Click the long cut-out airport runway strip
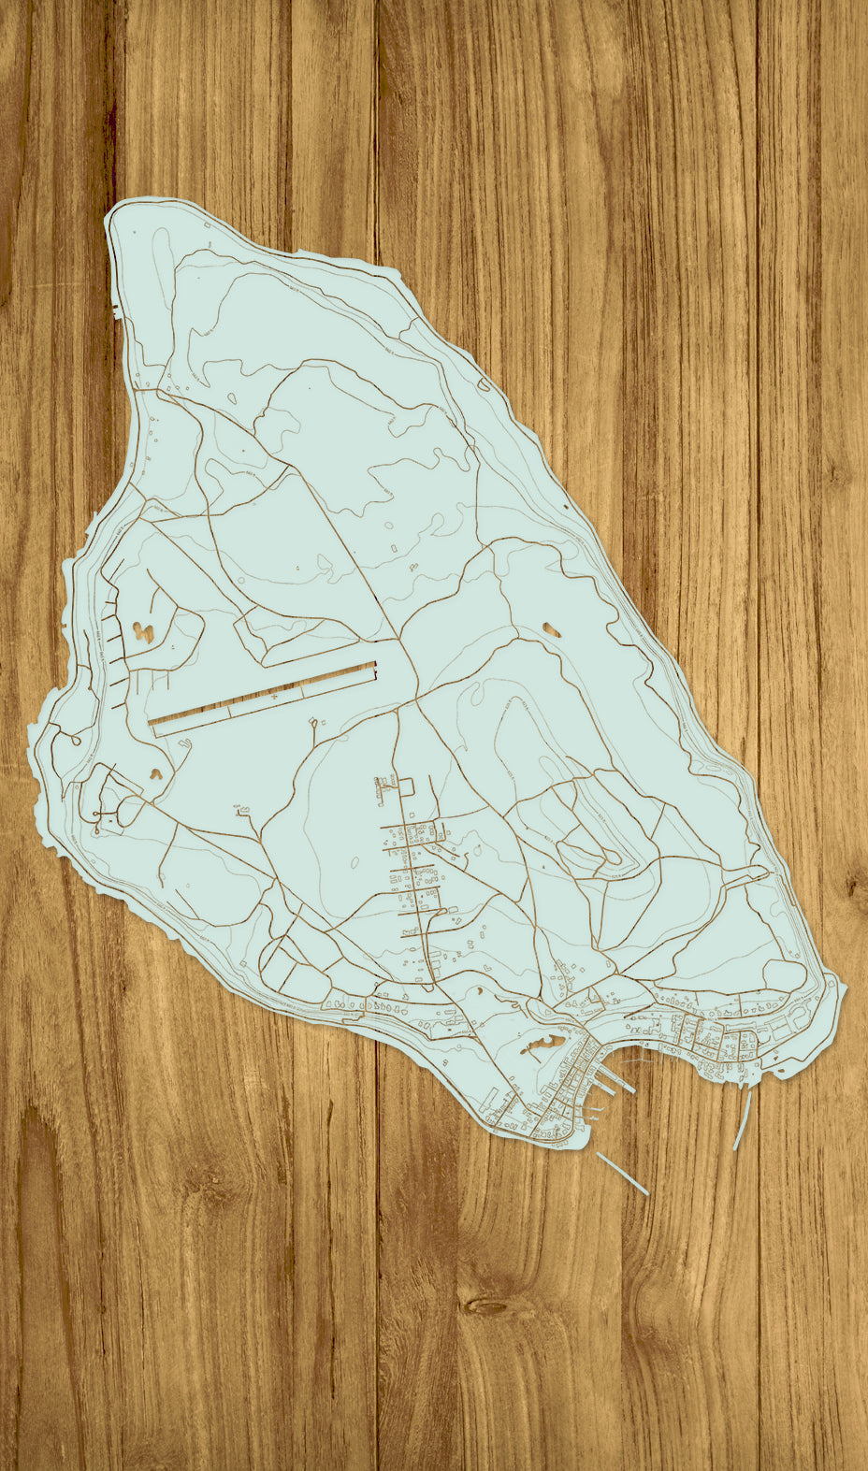click(x=262, y=693)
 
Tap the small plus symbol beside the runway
click(x=274, y=697)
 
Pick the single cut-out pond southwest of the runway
click(x=154, y=773)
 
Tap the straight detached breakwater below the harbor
click(x=622, y=1173)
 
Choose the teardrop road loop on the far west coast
click(x=67, y=742)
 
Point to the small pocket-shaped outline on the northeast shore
click(x=482, y=383)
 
